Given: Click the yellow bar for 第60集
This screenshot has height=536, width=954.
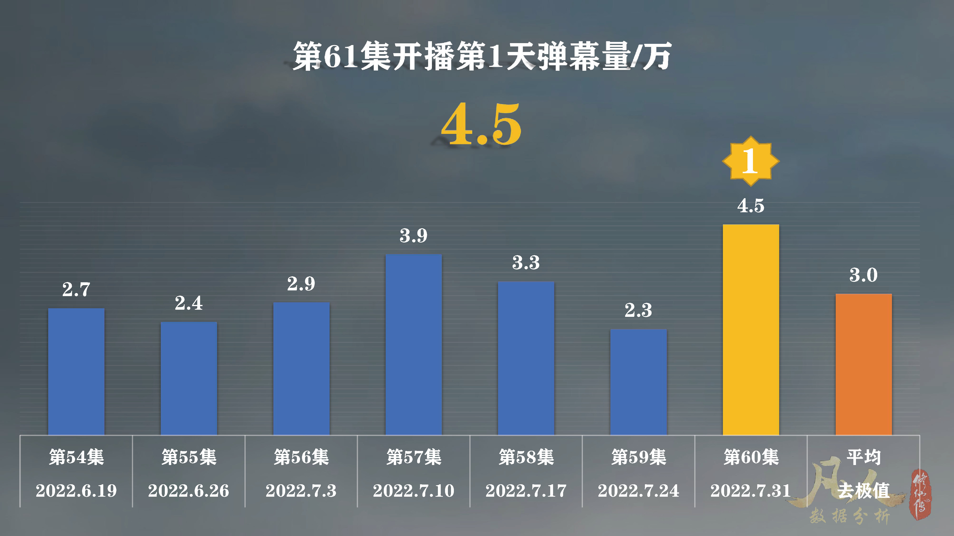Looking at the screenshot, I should coord(751,329).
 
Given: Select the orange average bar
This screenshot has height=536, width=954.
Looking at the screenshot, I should coord(863,364).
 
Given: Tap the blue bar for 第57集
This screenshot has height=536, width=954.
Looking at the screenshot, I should coord(413,344).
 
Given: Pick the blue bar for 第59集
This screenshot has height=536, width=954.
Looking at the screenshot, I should coord(638,382).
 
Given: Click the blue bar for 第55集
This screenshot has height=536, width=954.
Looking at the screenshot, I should coord(188,378).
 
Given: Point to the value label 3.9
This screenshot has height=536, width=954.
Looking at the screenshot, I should coord(413,236).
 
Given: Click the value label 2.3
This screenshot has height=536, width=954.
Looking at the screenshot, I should coord(638,310).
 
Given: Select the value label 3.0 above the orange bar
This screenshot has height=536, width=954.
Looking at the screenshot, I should coord(863,275).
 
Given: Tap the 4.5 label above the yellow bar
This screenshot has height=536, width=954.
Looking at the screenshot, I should coord(751,206).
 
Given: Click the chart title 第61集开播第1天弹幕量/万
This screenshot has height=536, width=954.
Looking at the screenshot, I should coord(482,56).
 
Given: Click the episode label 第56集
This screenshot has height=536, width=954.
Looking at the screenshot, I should coord(301,457).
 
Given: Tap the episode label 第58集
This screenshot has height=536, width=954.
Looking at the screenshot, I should coord(526,457).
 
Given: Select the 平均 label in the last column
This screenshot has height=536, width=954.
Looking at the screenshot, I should coord(863,457).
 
